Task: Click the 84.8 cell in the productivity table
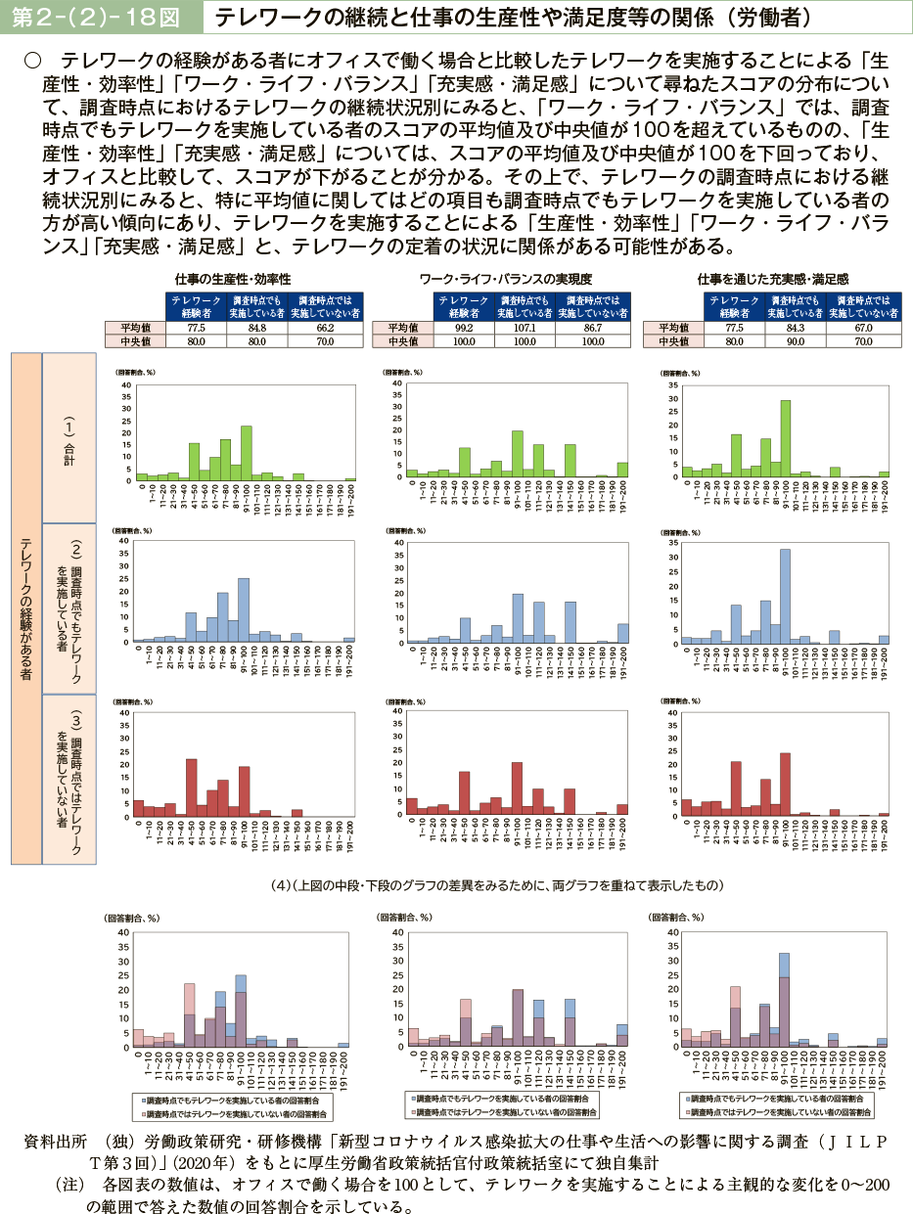(257, 328)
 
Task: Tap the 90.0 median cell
(795, 342)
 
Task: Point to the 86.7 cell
(591, 328)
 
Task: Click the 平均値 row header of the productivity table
(134, 328)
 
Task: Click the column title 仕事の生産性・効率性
(230, 279)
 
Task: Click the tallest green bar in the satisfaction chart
(785, 437)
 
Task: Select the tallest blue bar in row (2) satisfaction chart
(785, 596)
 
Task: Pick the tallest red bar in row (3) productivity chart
(191, 787)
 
